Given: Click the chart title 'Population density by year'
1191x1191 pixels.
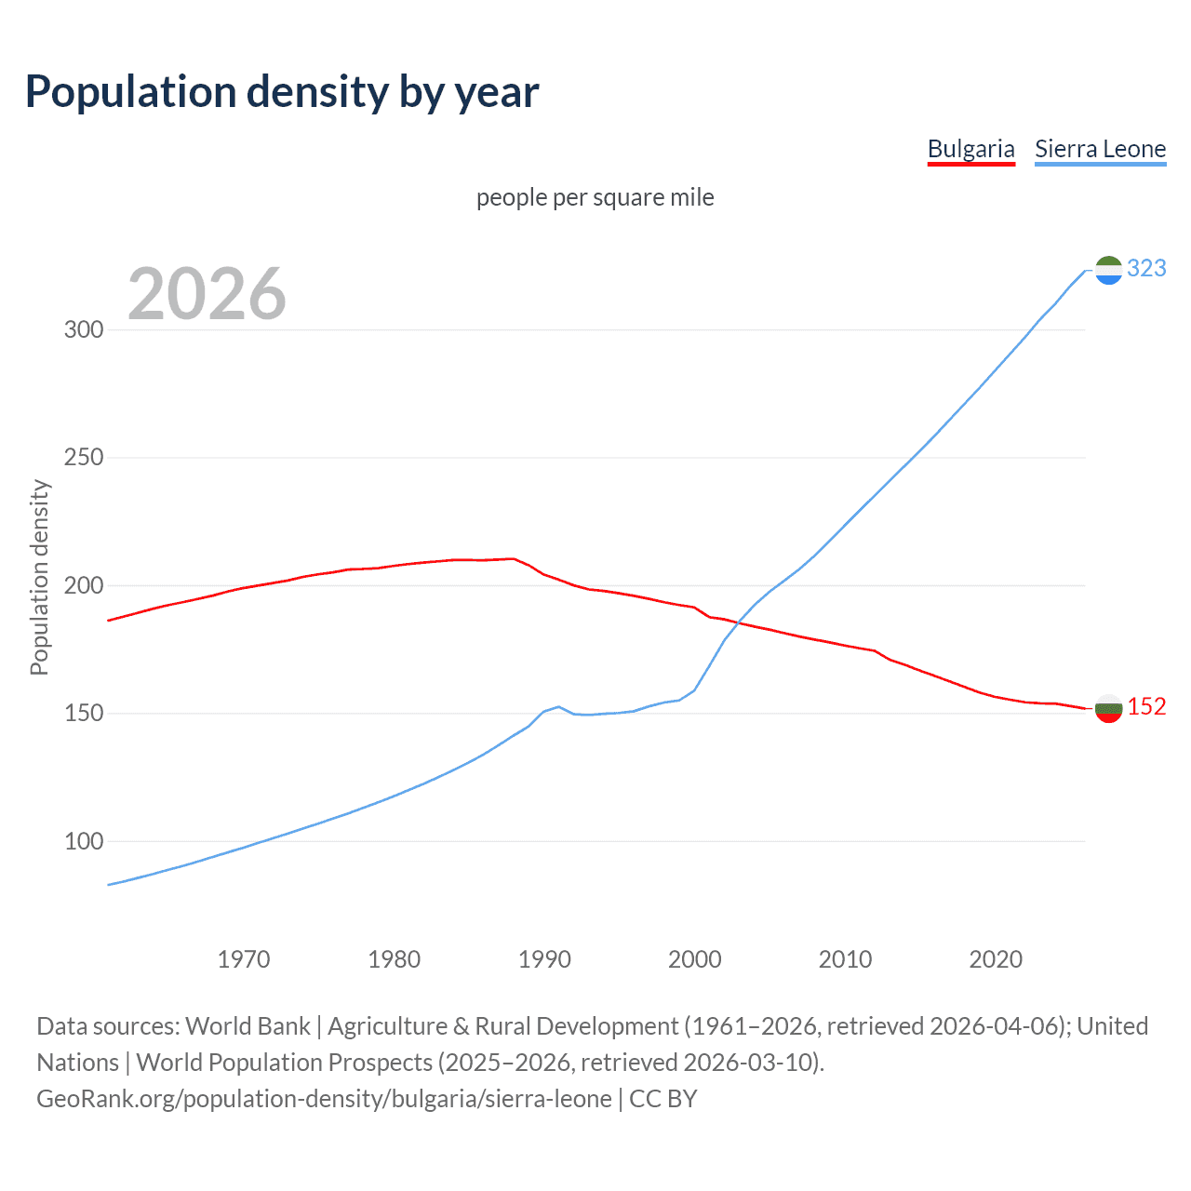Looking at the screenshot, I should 282,91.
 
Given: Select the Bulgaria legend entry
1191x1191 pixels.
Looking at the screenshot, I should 970,149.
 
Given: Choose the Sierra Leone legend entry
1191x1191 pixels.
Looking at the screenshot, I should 1100,149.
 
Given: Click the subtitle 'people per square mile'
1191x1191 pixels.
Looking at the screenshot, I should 595,197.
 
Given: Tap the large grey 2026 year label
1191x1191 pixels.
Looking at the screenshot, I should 207,294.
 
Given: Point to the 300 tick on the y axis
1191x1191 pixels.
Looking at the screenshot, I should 83,329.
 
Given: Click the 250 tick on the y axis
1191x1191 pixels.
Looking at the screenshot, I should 83,458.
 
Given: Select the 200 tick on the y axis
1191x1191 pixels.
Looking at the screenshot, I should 83,585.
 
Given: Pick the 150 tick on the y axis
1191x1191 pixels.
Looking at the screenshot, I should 83,714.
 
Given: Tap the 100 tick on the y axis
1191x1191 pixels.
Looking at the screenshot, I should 83,841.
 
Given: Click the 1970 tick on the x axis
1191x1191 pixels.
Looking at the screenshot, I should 244,959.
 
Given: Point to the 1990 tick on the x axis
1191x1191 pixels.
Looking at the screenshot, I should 544,959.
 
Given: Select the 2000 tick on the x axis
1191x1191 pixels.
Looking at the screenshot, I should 695,959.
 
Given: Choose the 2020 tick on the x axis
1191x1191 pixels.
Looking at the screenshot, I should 996,959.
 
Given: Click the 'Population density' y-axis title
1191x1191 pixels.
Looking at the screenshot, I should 39,577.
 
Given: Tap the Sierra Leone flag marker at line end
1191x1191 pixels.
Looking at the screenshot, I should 1108,270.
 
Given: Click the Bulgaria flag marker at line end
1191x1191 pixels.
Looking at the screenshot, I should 1108,708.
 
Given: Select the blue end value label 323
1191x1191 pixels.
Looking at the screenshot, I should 1146,268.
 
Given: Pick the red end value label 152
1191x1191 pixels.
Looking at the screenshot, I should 1146,706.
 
